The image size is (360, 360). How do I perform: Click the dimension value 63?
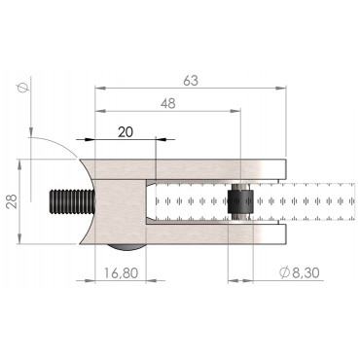tap(191, 81)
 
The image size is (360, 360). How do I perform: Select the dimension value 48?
tap(168, 103)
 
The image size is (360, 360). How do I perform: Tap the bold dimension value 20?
tap(126, 132)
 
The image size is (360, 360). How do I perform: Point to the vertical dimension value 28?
tap(12, 201)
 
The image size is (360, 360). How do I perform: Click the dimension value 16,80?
tap(122, 273)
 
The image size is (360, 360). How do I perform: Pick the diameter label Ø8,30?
tap(300, 272)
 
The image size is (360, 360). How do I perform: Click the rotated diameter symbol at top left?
tap(22, 88)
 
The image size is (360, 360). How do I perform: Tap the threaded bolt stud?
tap(72, 201)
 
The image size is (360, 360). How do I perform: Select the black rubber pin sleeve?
tap(240, 201)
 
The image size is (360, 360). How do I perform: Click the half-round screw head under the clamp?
tap(126, 247)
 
